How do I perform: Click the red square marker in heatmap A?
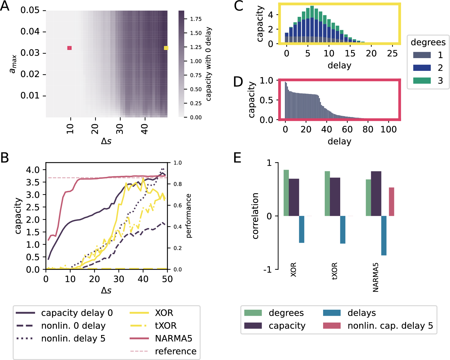(x=69, y=48)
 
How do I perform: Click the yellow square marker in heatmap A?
(x=166, y=48)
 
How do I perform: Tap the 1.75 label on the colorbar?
(x=196, y=19)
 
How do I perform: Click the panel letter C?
(x=238, y=6)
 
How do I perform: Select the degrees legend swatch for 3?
(x=422, y=81)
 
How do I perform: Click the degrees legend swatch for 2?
(x=422, y=68)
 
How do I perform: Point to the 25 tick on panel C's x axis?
(x=392, y=53)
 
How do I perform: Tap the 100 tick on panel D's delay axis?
(x=388, y=129)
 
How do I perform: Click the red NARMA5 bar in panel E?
(x=391, y=202)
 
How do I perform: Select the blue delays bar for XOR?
(x=301, y=229)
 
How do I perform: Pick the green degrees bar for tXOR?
(x=327, y=194)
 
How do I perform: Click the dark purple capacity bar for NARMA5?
(x=376, y=194)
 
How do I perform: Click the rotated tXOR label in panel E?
(x=335, y=271)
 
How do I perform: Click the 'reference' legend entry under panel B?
(x=176, y=351)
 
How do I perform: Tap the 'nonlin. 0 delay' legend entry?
(x=73, y=326)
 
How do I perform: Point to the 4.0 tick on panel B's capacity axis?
(x=33, y=170)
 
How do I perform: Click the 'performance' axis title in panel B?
(x=189, y=216)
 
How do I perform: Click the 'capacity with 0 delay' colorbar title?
(x=208, y=64)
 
